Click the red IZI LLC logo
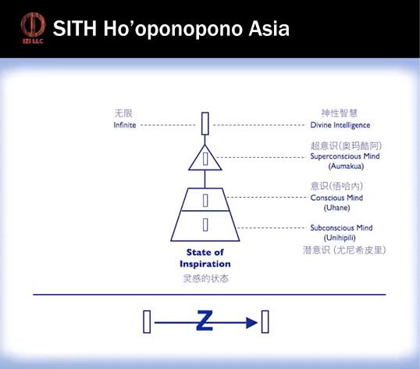click(33, 28)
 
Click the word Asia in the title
click(269, 28)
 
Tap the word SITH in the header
click(75, 28)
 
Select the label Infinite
click(125, 125)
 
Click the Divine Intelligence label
click(340, 125)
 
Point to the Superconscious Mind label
click(345, 156)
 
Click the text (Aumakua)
click(346, 167)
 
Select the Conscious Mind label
click(336, 198)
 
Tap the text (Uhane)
click(337, 208)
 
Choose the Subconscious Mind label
click(341, 227)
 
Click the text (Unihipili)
click(340, 238)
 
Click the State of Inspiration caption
click(205, 258)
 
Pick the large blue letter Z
click(205, 321)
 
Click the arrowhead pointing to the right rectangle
click(252, 322)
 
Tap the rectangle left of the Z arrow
click(147, 322)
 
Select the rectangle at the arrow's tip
click(265, 322)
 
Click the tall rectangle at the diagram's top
click(205, 124)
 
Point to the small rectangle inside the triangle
click(205, 159)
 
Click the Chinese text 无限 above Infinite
click(123, 113)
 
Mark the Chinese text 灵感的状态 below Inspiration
click(206, 278)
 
